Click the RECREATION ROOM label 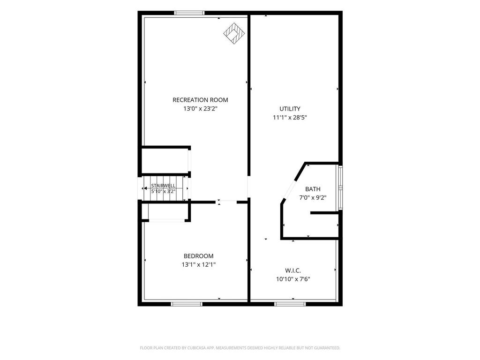[200, 100]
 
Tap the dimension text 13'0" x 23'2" [200, 108]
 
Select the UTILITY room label [290, 109]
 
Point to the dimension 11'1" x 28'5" [290, 117]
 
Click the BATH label [313, 189]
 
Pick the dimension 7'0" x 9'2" [313, 198]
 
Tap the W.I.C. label [293, 270]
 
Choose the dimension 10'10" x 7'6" [293, 279]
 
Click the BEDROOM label [199, 256]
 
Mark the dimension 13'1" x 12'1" [199, 264]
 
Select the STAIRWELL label [164, 186]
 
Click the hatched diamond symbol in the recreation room [235, 34]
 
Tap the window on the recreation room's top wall [189, 13]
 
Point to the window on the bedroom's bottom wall [187, 304]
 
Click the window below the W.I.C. [290, 304]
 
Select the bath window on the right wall [340, 187]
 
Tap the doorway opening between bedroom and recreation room [226, 202]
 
